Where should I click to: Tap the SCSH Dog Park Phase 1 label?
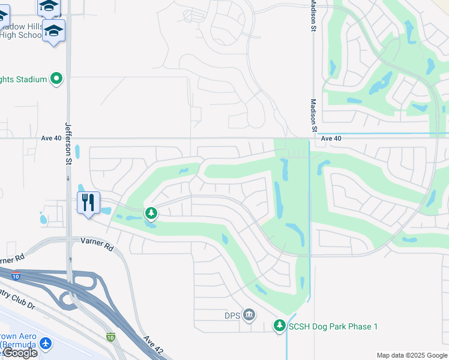(x=333, y=326)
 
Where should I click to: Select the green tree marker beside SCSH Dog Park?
(x=279, y=326)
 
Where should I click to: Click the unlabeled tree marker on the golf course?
(x=151, y=213)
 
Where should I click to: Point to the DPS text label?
(x=232, y=315)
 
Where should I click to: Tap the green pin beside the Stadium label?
(x=56, y=79)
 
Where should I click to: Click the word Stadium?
(x=31, y=79)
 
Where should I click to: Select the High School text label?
(x=22, y=35)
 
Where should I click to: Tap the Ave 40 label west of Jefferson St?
(x=52, y=138)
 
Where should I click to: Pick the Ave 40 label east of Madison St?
(x=331, y=138)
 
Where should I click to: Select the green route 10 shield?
(x=110, y=338)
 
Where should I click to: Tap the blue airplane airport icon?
(x=45, y=344)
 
